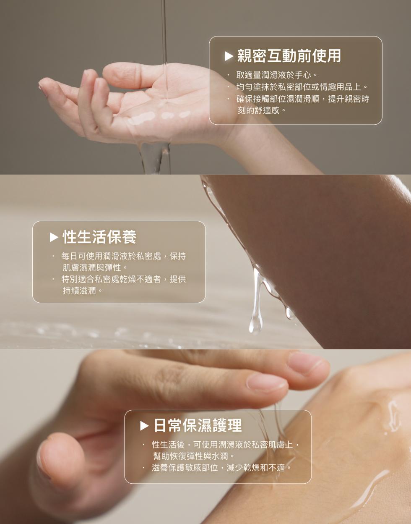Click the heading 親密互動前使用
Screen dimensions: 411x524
[289, 56]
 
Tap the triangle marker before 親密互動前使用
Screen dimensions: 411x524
[229, 56]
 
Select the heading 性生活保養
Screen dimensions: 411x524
[99, 237]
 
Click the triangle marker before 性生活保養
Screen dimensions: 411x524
[54, 237]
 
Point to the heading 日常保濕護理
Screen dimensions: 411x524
[198, 426]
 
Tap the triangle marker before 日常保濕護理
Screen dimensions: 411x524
[144, 426]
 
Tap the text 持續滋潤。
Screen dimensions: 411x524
[83, 291]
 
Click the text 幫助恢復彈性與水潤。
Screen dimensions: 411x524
[194, 456]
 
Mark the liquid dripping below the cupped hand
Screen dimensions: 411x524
[155, 158]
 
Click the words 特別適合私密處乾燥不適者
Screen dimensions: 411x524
[111, 279]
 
